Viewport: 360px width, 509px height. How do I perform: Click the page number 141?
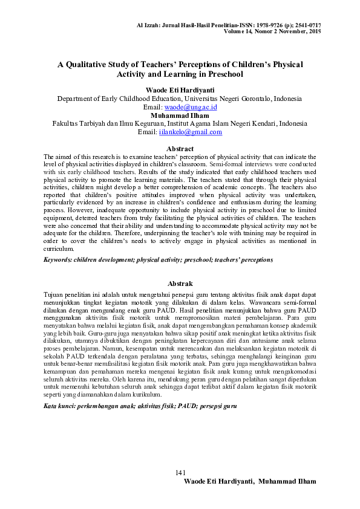click(x=180, y=472)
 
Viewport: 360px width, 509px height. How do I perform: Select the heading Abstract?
click(x=180, y=149)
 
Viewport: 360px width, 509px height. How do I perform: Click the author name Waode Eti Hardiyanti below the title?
click(x=180, y=89)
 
